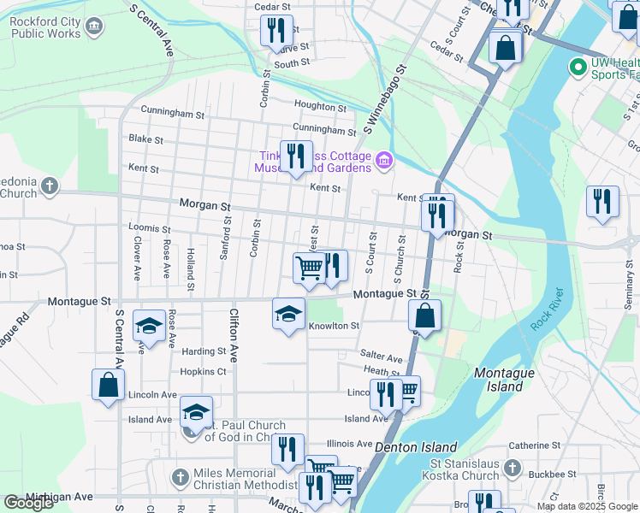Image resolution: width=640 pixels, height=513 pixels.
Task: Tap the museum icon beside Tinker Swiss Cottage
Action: pyautogui.click(x=384, y=160)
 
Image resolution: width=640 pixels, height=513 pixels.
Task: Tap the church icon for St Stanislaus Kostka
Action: pyautogui.click(x=512, y=468)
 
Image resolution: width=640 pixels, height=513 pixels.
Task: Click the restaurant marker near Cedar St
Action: pyautogui.click(x=276, y=32)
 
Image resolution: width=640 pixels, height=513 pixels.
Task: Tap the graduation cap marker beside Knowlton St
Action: pyautogui.click(x=289, y=313)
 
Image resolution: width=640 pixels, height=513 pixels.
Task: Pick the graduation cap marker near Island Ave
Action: pyautogui.click(x=196, y=413)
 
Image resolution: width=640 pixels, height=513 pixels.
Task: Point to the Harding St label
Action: pyautogui.click(x=203, y=351)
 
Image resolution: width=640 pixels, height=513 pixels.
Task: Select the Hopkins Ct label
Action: pyautogui.click(x=203, y=372)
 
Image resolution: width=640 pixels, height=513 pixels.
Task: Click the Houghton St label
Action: pyautogui.click(x=319, y=106)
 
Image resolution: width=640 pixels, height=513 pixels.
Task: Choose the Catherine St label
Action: pyautogui.click(x=534, y=445)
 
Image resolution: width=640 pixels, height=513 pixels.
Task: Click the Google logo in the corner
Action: pyautogui.click(x=28, y=503)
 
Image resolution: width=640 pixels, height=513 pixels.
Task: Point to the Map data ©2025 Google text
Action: pyautogui.click(x=587, y=506)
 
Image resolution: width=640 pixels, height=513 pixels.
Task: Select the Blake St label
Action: pyautogui.click(x=145, y=139)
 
